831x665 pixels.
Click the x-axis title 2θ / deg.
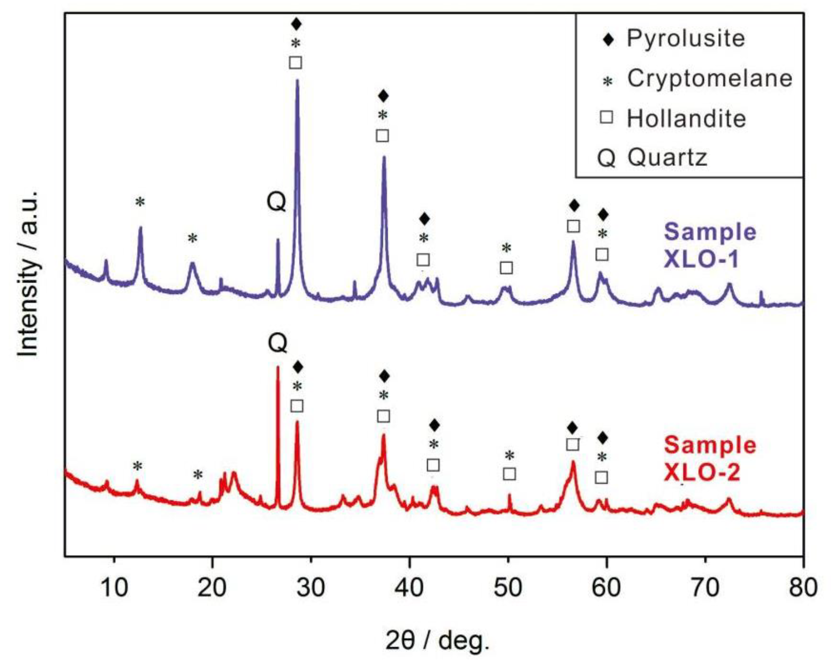click(x=437, y=642)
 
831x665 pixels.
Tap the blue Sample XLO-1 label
click(x=709, y=245)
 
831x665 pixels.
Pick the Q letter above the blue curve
click(x=276, y=202)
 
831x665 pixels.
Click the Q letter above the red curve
click(x=277, y=343)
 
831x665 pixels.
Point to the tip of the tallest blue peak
click(x=297, y=80)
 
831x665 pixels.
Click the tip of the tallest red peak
click(x=277, y=367)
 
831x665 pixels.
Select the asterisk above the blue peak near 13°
click(x=140, y=202)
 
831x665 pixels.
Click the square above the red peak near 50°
click(x=509, y=474)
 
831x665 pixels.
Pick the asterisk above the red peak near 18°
click(x=198, y=475)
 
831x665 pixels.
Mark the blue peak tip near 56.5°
click(x=573, y=242)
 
